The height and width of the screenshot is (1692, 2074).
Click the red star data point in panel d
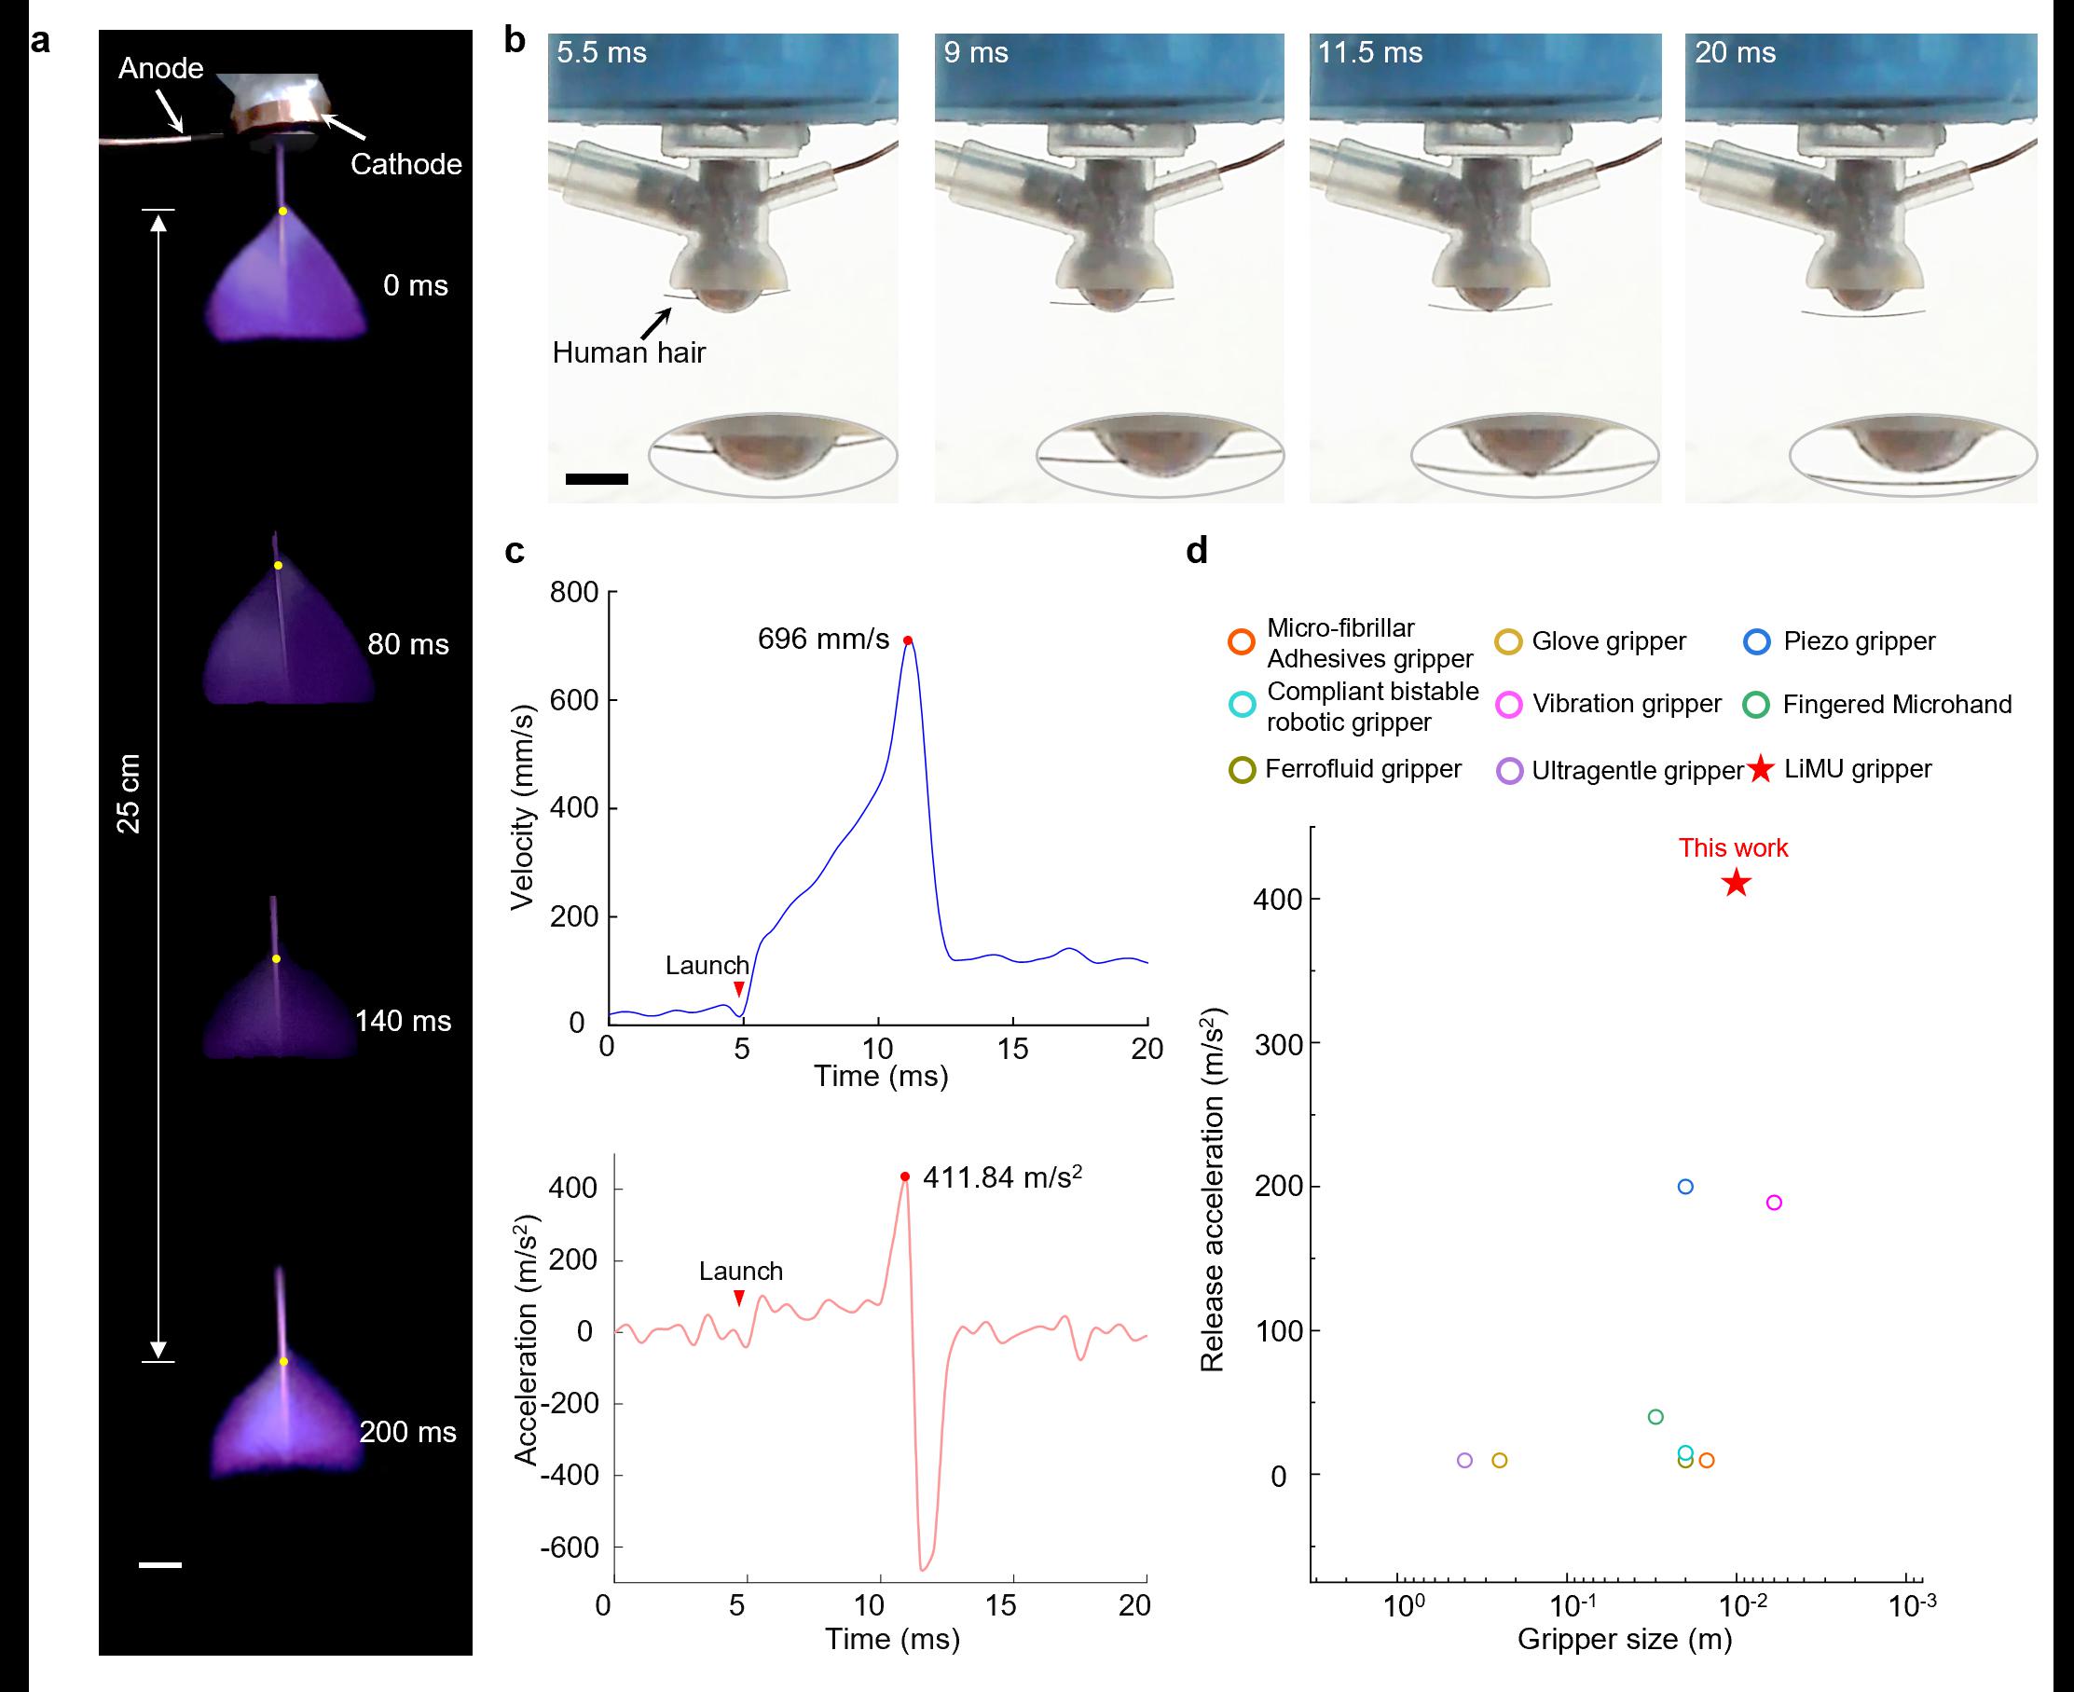[x=1736, y=884]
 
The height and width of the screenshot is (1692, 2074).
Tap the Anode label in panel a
[x=161, y=68]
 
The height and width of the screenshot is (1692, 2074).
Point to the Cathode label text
[x=405, y=164]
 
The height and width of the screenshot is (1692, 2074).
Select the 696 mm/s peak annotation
[x=824, y=640]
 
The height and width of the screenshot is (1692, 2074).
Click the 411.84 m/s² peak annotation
[x=1002, y=1177]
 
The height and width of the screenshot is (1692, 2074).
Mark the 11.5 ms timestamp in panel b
[x=1369, y=52]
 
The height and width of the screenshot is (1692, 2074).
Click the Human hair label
[x=628, y=352]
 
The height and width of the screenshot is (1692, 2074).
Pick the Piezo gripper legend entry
[x=1859, y=641]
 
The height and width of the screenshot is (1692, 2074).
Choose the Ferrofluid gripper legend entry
[x=1363, y=769]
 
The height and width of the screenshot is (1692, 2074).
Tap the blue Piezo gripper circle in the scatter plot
[x=1685, y=1186]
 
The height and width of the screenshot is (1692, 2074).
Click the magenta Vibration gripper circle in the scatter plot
[x=1774, y=1203]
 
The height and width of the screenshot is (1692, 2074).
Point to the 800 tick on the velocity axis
[x=574, y=593]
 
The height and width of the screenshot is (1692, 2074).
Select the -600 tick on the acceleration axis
[x=570, y=1548]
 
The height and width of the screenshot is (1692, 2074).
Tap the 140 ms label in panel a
[x=403, y=1022]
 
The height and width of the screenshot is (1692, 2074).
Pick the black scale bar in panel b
[x=597, y=478]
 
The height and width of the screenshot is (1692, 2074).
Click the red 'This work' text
[x=1733, y=848]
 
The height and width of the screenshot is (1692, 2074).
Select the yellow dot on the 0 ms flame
[x=282, y=212]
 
